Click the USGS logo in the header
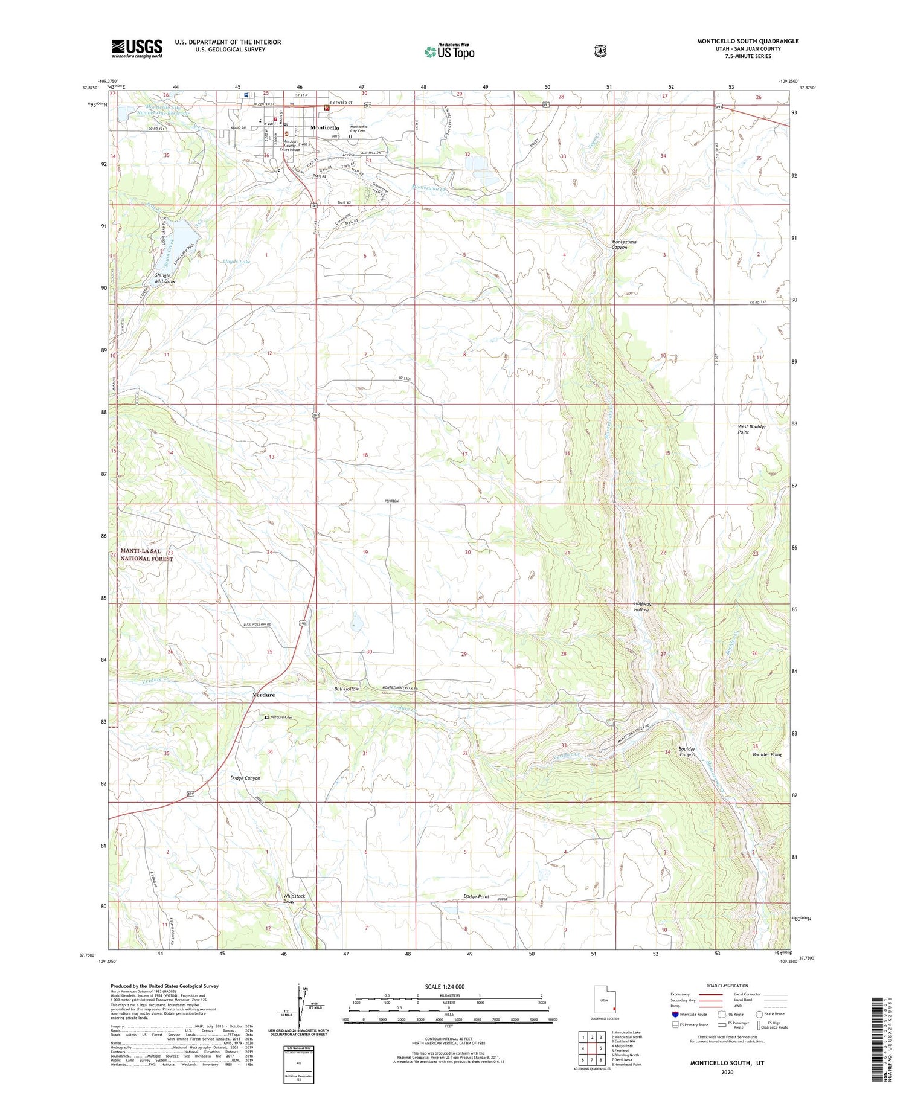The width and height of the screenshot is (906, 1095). (x=137, y=48)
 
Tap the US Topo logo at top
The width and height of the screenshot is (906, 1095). (x=450, y=51)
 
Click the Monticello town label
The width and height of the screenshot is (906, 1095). (x=324, y=128)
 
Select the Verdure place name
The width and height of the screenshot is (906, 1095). (x=263, y=695)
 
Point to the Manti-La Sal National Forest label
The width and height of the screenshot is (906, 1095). (x=146, y=555)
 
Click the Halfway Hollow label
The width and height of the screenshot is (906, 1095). (x=641, y=607)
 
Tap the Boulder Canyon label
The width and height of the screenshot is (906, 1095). (x=687, y=751)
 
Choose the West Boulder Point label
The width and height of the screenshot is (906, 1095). (x=751, y=429)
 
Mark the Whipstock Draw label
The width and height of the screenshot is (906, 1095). (x=294, y=899)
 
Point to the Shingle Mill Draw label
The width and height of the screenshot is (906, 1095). (x=165, y=278)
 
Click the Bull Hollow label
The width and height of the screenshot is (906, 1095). (x=347, y=689)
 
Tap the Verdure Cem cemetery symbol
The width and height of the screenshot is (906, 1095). (x=267, y=717)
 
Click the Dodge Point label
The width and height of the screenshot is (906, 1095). (x=476, y=897)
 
